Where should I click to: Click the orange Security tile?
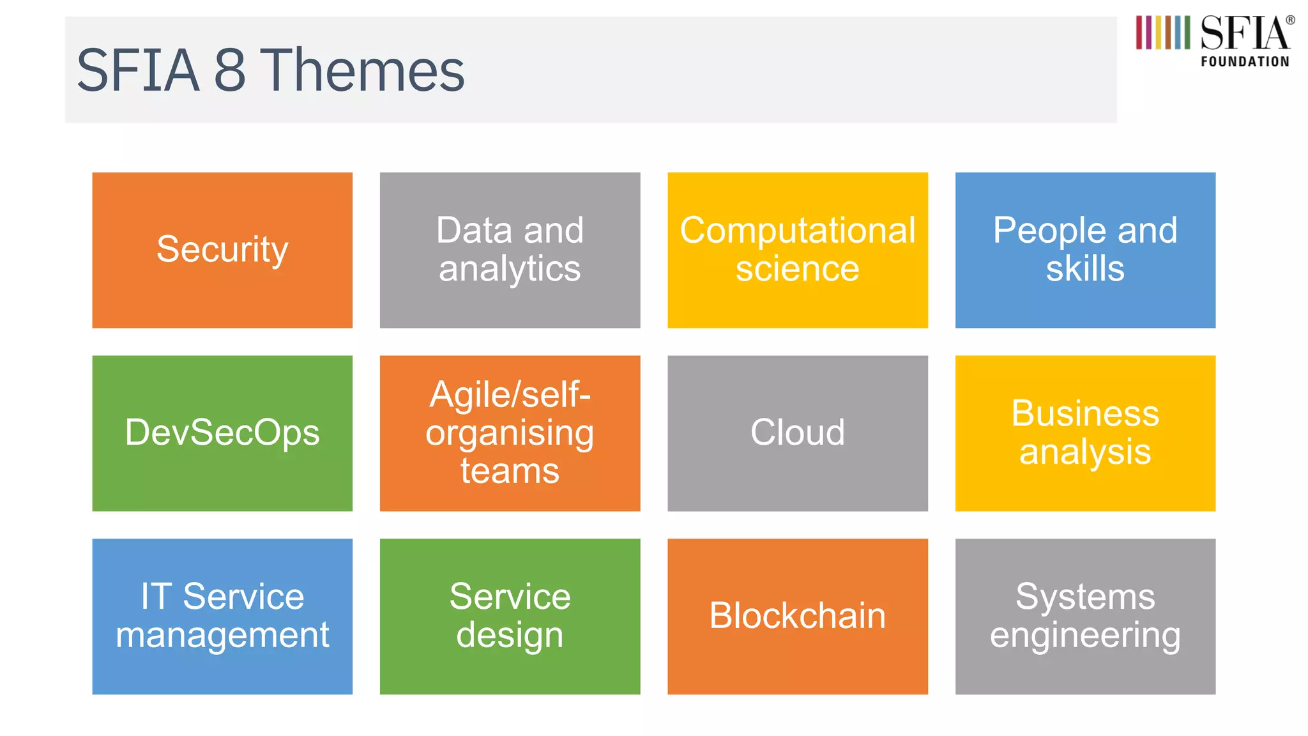pos(222,250)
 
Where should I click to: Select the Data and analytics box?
pos(510,250)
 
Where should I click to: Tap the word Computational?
pos(797,231)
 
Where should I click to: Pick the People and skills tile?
pos(1085,250)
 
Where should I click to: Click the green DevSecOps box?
pos(222,433)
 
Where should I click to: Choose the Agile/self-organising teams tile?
pos(510,433)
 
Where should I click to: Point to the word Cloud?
pos(797,433)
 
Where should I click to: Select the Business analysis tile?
pos(1085,433)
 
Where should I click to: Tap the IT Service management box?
pos(222,616)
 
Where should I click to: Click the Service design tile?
pos(510,616)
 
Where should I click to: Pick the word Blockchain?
pos(797,616)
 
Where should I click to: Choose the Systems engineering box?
pos(1085,616)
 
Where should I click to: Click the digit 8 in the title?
pos(229,70)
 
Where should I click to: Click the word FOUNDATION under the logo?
pos(1245,62)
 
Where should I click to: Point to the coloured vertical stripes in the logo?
pos(1162,33)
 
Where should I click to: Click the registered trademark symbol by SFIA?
pos(1290,20)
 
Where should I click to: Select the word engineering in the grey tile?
pos(1085,636)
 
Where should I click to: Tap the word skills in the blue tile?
pos(1085,268)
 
